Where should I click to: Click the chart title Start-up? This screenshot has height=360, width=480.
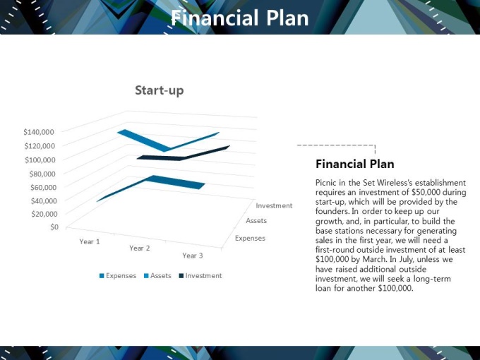click(160, 90)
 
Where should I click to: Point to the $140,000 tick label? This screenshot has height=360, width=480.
click(39, 132)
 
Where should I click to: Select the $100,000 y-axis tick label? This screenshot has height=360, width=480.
click(40, 160)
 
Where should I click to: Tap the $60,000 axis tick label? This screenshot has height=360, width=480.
click(43, 187)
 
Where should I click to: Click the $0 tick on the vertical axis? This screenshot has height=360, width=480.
click(54, 227)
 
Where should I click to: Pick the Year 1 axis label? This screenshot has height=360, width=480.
click(90, 241)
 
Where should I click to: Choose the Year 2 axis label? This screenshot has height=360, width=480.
click(140, 248)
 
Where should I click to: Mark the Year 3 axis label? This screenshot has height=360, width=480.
click(193, 256)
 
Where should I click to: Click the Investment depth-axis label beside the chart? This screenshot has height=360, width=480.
click(275, 205)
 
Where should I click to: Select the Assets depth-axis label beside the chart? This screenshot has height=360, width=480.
click(256, 221)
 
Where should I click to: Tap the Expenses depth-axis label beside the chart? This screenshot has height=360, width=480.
click(250, 238)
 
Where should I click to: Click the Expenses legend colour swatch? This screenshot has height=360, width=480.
click(102, 276)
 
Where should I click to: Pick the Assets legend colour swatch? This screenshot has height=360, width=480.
click(146, 276)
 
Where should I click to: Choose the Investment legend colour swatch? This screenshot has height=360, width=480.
click(181, 276)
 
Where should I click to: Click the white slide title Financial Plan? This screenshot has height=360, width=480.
click(240, 18)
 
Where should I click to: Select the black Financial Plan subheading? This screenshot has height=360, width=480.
click(355, 164)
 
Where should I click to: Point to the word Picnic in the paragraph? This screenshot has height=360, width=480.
click(326, 183)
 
